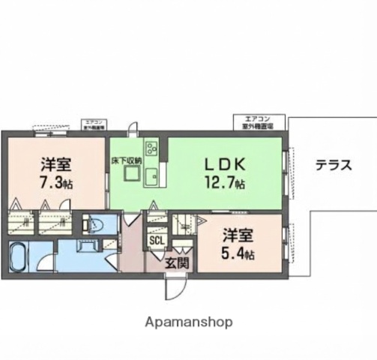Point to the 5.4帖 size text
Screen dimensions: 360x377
238,255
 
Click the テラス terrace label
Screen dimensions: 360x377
333,166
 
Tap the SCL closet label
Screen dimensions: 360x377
157,241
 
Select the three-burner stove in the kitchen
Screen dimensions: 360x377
151,145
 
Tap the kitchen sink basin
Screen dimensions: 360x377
151,178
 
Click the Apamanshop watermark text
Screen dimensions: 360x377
188,321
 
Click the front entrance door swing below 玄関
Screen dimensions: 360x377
175,287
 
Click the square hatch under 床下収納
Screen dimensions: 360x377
132,174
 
